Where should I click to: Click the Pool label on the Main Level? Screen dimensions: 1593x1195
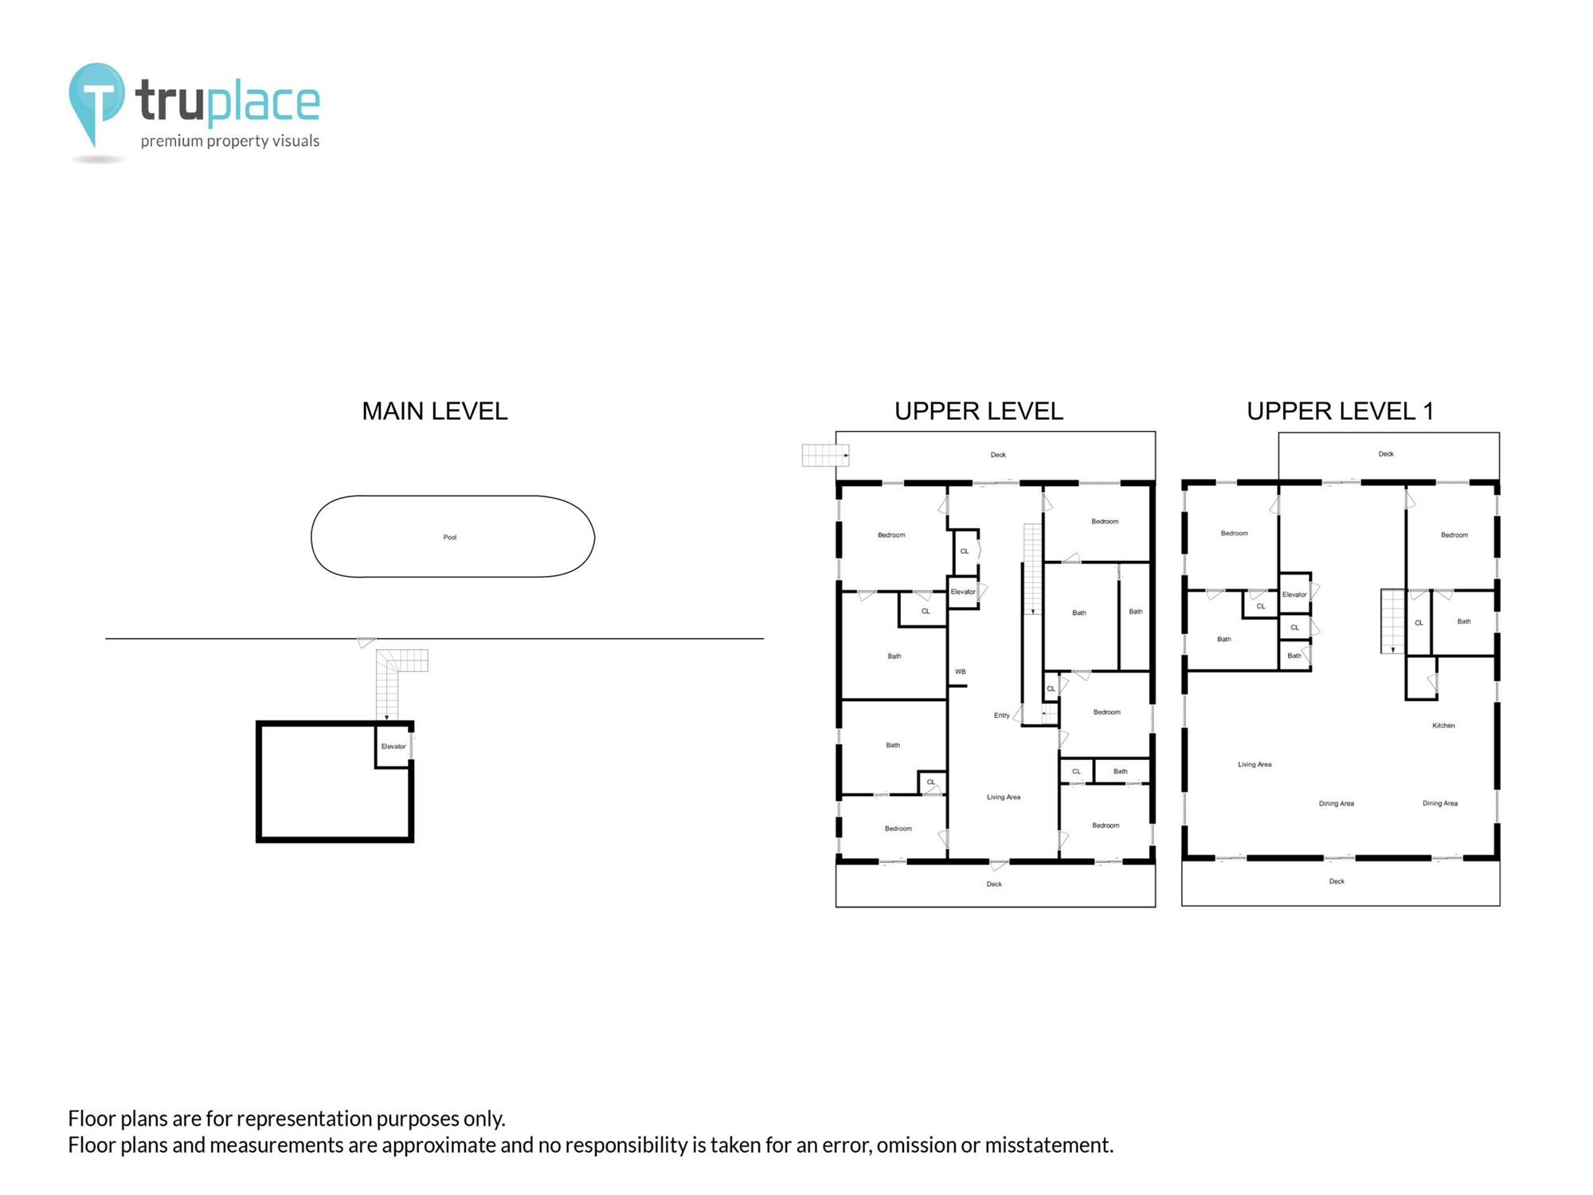pos(450,537)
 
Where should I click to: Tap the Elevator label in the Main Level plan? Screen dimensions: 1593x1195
pos(393,746)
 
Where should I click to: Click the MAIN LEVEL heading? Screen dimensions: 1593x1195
pos(435,411)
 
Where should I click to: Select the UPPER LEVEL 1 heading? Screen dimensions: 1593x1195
pos(1341,411)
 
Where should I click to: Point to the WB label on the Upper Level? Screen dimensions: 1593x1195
pos(961,672)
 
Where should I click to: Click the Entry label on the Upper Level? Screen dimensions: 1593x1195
pos(1002,715)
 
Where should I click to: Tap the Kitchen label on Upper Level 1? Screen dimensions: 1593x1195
pos(1443,726)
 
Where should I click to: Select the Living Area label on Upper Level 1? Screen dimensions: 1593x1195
pos(1254,765)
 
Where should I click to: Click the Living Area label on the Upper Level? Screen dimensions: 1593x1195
pos(1004,797)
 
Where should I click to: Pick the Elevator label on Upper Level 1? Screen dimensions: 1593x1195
pos(1294,594)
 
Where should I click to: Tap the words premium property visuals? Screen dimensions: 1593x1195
pos(230,141)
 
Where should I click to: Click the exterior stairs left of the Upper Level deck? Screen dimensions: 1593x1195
pos(825,455)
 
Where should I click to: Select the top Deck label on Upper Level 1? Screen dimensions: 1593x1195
pos(1386,454)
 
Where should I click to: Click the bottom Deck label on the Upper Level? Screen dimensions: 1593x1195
pos(994,884)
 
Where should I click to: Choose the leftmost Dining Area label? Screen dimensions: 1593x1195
pos(1337,804)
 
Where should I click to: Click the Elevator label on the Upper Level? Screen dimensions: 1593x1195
pos(963,592)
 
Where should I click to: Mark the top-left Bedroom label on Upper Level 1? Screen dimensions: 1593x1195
pos(1235,533)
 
